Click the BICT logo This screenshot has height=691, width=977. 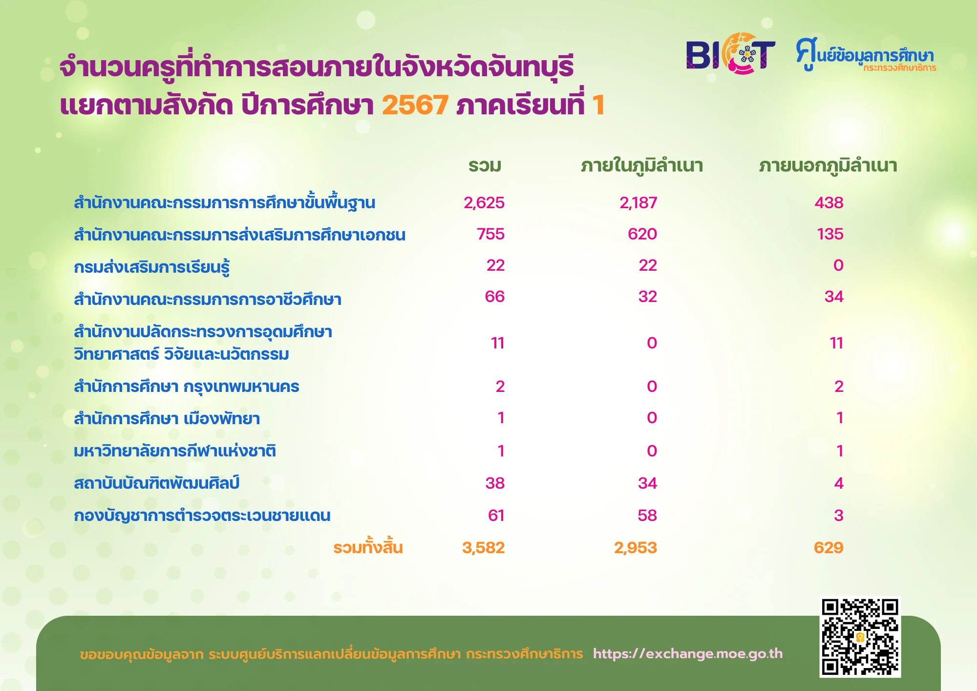(731, 54)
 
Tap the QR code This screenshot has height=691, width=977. (860, 637)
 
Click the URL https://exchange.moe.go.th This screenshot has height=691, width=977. (688, 654)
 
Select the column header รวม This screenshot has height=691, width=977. (485, 166)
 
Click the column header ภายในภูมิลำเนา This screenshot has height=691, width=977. (642, 166)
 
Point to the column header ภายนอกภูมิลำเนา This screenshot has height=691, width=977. (828, 166)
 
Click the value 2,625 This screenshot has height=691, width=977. (484, 203)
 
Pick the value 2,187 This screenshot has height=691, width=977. (638, 203)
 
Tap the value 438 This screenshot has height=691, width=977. (829, 203)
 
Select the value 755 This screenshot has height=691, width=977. (491, 234)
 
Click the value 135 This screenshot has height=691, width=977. (830, 234)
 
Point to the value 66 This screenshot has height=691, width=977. (495, 297)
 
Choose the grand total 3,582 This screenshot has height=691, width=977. (484, 548)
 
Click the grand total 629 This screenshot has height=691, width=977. (829, 548)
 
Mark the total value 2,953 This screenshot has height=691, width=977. (636, 548)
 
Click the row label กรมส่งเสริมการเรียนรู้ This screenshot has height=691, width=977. (152, 267)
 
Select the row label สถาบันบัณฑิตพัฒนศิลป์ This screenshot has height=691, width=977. (157, 483)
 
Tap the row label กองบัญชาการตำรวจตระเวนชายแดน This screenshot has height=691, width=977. (202, 515)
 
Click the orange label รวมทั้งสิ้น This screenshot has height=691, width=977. (368, 547)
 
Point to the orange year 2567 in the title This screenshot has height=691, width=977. (415, 105)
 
